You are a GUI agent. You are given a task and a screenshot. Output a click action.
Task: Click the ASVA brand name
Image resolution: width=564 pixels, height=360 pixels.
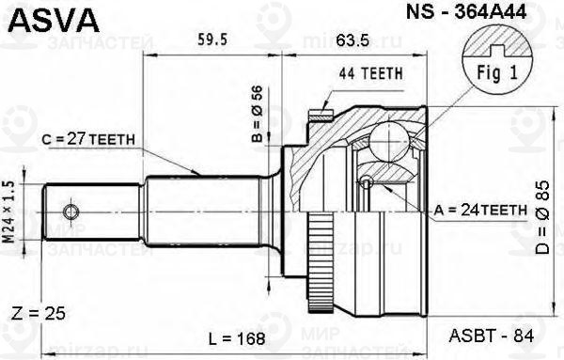click(45, 16)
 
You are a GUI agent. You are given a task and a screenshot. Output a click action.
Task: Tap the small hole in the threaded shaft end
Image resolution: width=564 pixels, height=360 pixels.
click(69, 207)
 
